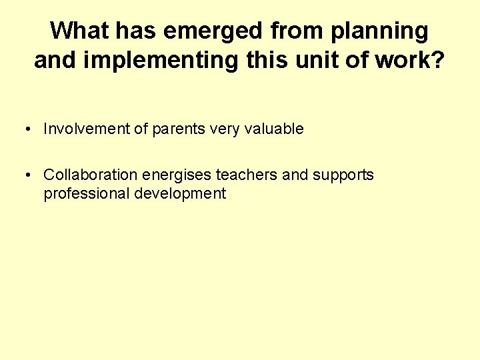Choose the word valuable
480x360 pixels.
click(x=273, y=129)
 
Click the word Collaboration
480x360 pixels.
click(x=91, y=175)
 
